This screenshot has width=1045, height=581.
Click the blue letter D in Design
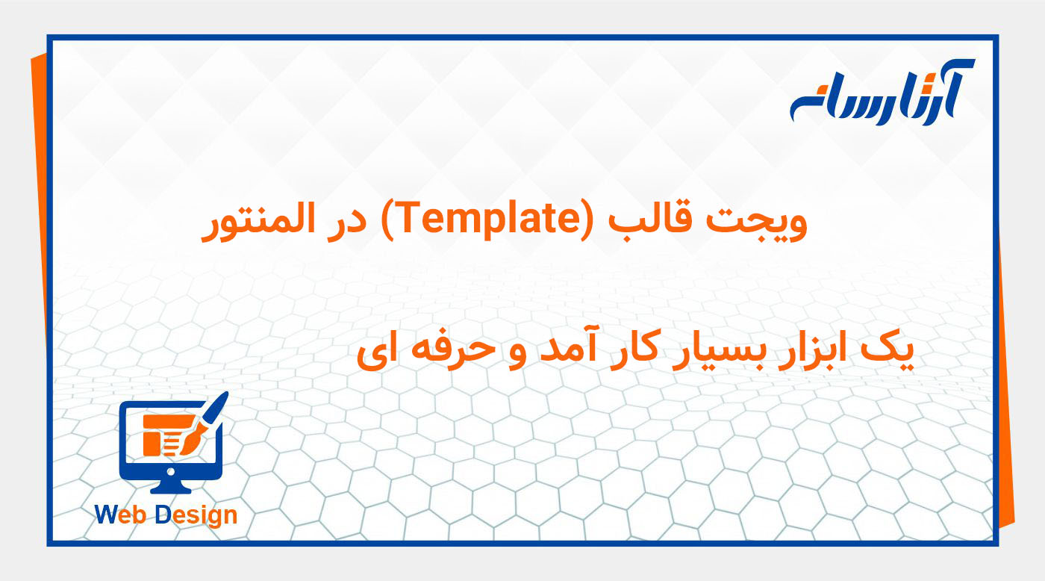pyautogui.click(x=164, y=515)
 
